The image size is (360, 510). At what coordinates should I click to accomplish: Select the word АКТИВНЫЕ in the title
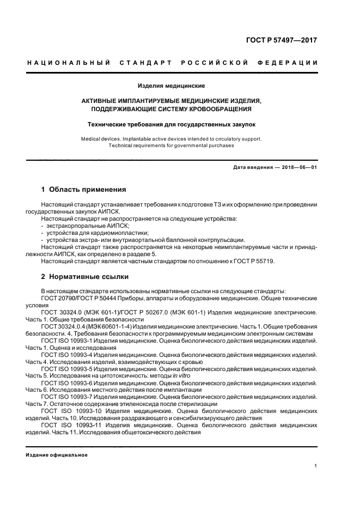tap(102, 101)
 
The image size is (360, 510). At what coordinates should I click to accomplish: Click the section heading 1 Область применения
tap(83, 190)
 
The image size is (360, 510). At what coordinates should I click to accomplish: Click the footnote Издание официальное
tap(57, 455)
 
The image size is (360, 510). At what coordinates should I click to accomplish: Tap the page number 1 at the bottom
tap(316, 466)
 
